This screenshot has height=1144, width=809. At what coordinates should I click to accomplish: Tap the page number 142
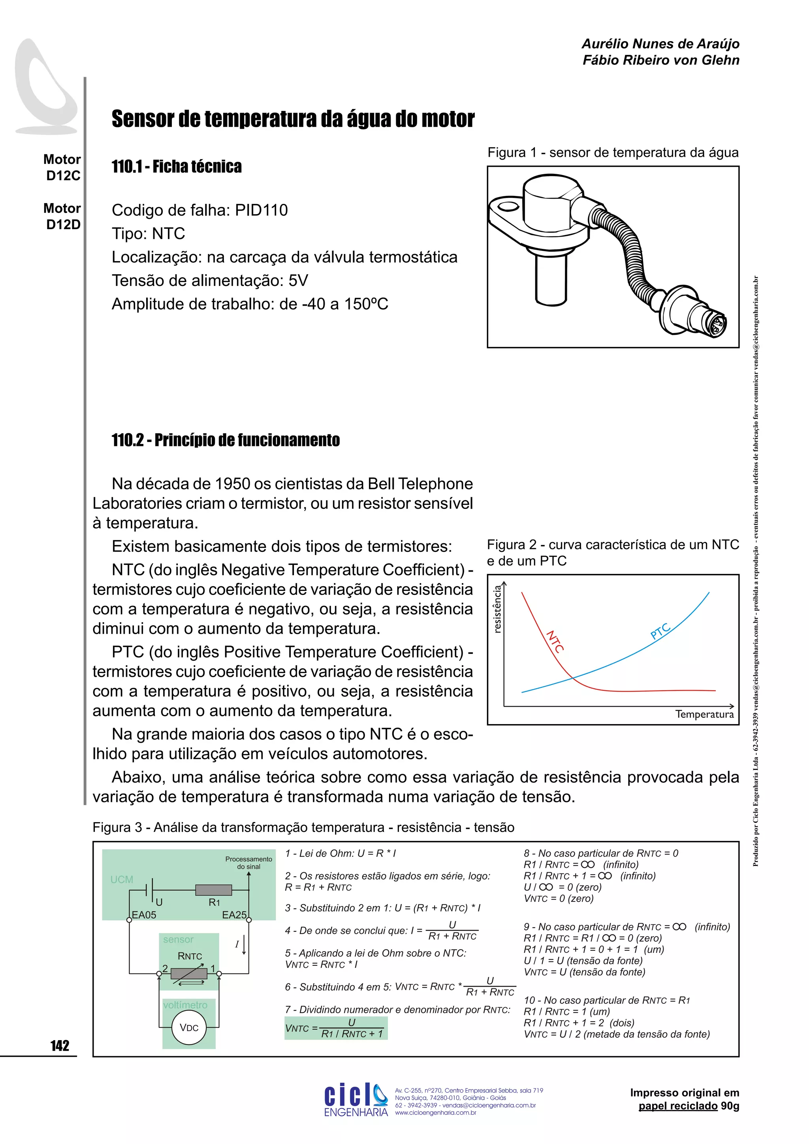click(x=60, y=1045)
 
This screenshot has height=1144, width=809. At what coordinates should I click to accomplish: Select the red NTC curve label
click(x=555, y=642)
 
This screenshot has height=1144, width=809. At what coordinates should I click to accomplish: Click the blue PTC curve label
click(x=660, y=631)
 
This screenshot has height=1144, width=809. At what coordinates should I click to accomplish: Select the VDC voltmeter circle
click(x=189, y=1027)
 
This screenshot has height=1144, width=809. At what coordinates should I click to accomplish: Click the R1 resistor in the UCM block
click(x=214, y=890)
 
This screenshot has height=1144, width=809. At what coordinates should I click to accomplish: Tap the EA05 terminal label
click(x=144, y=915)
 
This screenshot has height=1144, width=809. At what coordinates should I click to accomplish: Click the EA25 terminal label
click(x=234, y=915)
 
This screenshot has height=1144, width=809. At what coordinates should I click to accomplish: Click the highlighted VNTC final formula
click(x=336, y=1028)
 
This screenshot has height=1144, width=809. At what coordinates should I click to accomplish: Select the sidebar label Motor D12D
click(x=62, y=216)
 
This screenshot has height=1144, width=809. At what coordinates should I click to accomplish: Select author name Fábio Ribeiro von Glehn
click(x=660, y=60)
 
